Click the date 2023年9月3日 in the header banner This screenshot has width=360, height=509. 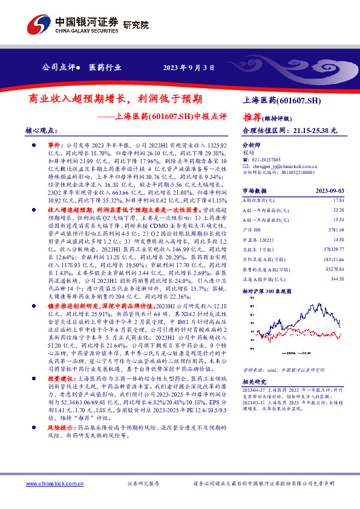pos(189,68)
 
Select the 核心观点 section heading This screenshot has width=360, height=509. pos(38,130)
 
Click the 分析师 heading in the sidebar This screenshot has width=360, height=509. pos(250,146)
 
